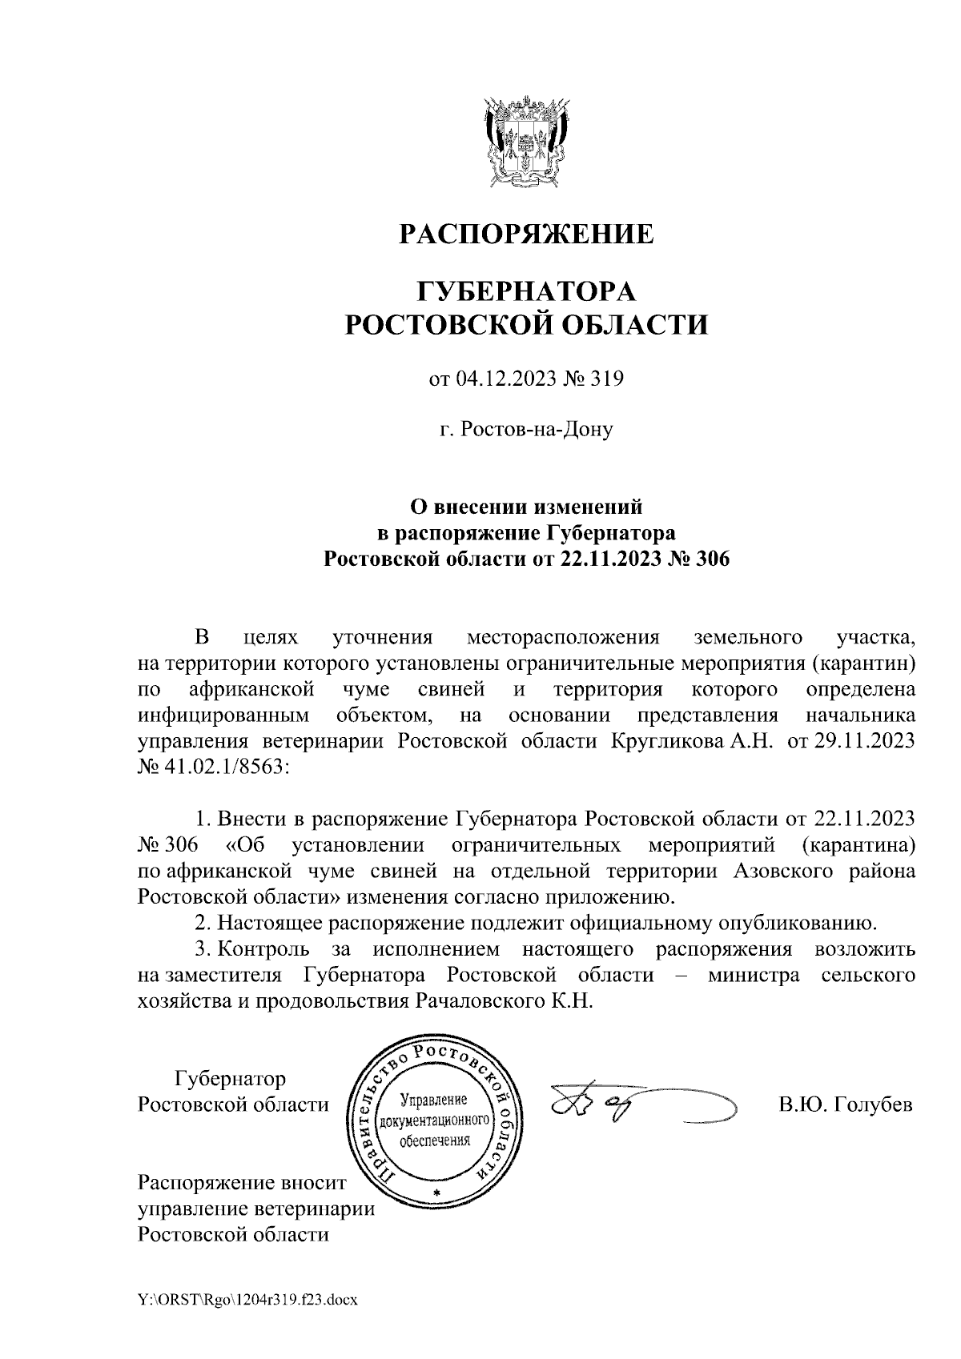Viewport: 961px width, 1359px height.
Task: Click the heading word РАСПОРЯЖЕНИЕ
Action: (x=526, y=234)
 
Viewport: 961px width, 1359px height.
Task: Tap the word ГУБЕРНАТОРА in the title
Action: (x=526, y=290)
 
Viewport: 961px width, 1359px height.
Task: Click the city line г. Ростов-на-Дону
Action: (x=526, y=430)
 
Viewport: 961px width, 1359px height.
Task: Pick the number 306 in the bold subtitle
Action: (x=709, y=559)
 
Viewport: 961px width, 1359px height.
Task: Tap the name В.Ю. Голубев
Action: (x=845, y=1105)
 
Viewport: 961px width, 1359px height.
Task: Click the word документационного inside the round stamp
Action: (x=436, y=1119)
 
